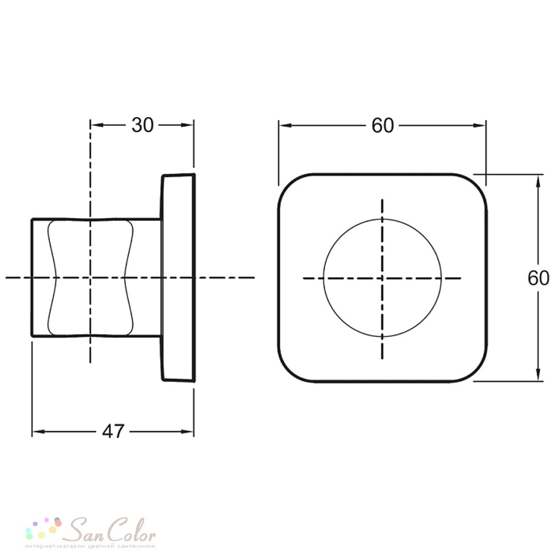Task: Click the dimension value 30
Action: (x=143, y=125)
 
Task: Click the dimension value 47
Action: (x=113, y=431)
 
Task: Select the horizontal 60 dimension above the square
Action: (x=382, y=125)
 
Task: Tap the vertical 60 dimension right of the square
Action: (x=538, y=278)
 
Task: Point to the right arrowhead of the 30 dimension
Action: (x=187, y=125)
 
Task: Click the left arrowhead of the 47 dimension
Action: (x=38, y=431)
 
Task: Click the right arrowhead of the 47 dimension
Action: (x=187, y=431)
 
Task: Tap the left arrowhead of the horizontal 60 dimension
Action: (x=285, y=125)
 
